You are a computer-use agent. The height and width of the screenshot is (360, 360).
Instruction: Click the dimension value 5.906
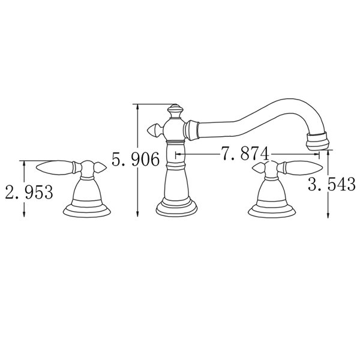click(136, 159)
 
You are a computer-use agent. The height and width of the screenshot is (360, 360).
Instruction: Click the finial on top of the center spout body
click(175, 110)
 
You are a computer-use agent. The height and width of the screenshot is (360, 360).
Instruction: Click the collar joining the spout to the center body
click(192, 128)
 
